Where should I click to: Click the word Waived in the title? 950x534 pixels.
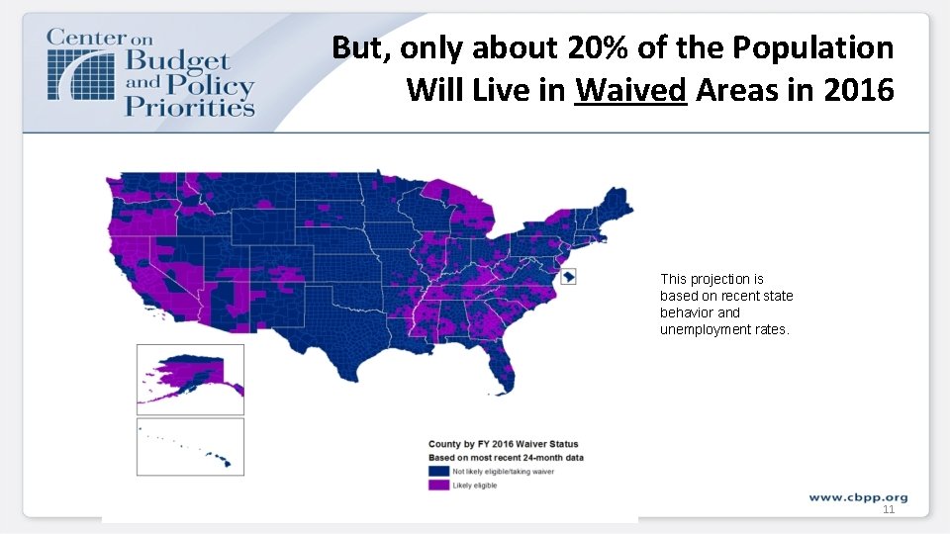(x=630, y=90)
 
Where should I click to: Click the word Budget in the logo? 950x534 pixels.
(x=178, y=62)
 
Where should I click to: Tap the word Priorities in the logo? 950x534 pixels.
(x=189, y=105)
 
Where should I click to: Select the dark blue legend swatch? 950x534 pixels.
(x=437, y=473)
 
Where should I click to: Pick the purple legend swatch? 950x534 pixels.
(x=437, y=486)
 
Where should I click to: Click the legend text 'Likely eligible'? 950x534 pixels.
(x=475, y=486)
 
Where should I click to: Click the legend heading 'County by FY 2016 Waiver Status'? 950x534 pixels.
(x=503, y=444)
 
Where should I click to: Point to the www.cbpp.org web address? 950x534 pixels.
(x=858, y=496)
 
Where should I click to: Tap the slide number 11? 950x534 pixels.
(x=888, y=509)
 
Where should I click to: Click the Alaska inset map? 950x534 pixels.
(x=190, y=379)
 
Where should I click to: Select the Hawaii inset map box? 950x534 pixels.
(x=190, y=447)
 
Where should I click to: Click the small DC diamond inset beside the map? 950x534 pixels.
(x=569, y=277)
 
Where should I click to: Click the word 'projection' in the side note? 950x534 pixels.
(x=718, y=279)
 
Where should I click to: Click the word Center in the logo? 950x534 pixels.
(x=87, y=38)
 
